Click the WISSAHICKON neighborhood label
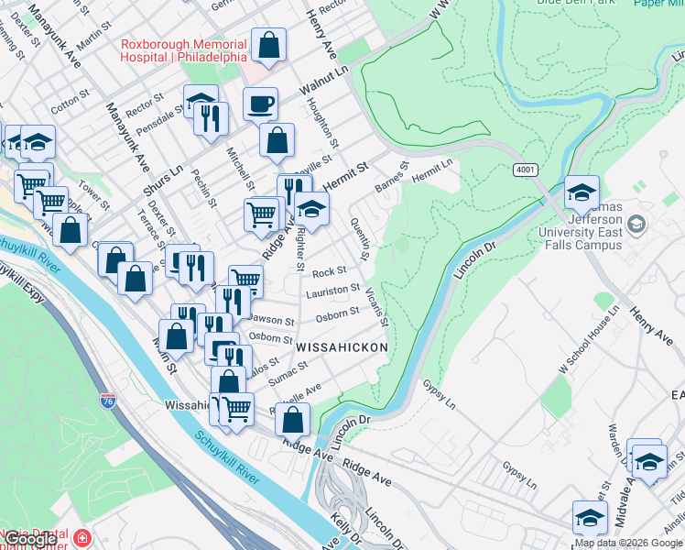(x=342, y=348)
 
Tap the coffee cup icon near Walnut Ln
(x=261, y=104)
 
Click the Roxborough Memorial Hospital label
(x=183, y=50)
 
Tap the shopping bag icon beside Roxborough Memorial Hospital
(x=269, y=44)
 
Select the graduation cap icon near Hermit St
(x=311, y=208)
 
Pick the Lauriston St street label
(x=332, y=291)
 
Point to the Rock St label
(x=329, y=272)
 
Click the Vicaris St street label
(x=376, y=306)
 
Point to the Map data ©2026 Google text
(x=628, y=543)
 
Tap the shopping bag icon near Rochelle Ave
(x=293, y=420)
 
